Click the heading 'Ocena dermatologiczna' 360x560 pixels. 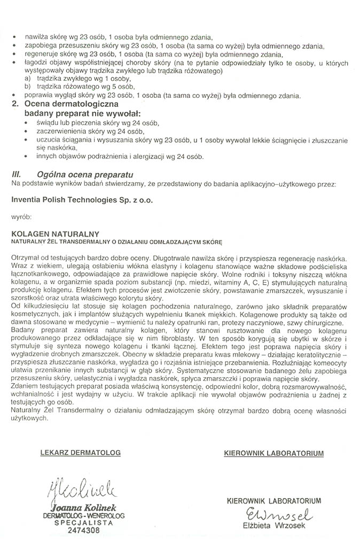pos(72,105)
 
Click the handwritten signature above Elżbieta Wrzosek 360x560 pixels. pos(274,516)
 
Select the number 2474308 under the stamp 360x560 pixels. pos(83,532)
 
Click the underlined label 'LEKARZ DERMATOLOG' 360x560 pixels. pos(80,453)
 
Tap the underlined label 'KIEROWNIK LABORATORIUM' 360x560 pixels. pos(274,453)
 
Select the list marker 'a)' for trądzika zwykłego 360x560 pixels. pos(27,79)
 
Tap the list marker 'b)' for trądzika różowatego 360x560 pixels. pos(27,87)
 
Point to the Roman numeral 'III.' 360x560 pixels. pos(17,174)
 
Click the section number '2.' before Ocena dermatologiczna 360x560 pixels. pos(15,105)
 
